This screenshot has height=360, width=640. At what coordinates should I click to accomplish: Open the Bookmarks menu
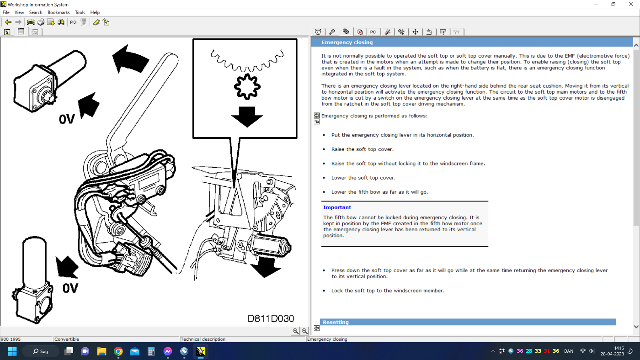(x=59, y=12)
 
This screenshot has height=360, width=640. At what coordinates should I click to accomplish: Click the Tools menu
(x=80, y=12)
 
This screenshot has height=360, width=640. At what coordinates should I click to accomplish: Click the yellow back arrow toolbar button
(x=8, y=22)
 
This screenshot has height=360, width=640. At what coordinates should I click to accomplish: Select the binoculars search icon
(x=61, y=22)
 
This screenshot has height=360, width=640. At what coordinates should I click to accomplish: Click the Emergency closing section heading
(x=347, y=42)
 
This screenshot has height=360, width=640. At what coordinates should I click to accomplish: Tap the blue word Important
(x=337, y=207)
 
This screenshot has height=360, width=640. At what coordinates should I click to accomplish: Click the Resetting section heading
(x=336, y=322)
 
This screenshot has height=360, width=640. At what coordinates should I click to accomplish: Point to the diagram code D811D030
(x=271, y=318)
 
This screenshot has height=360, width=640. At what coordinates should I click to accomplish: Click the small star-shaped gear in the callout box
(x=247, y=87)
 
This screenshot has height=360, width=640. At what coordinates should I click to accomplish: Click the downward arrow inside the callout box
(x=247, y=116)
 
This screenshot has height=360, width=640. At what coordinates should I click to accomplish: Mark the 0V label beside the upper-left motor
(x=67, y=119)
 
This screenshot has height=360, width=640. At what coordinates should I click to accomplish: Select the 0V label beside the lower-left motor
(x=70, y=288)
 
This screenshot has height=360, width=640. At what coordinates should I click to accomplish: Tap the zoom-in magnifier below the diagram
(x=295, y=331)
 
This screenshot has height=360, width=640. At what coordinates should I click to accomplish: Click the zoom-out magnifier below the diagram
(x=304, y=331)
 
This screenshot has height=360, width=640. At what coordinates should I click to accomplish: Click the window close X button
(x=631, y=4)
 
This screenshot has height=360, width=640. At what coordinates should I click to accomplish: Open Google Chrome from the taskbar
(x=118, y=351)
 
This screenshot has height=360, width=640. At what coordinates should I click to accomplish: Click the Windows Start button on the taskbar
(x=12, y=351)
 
